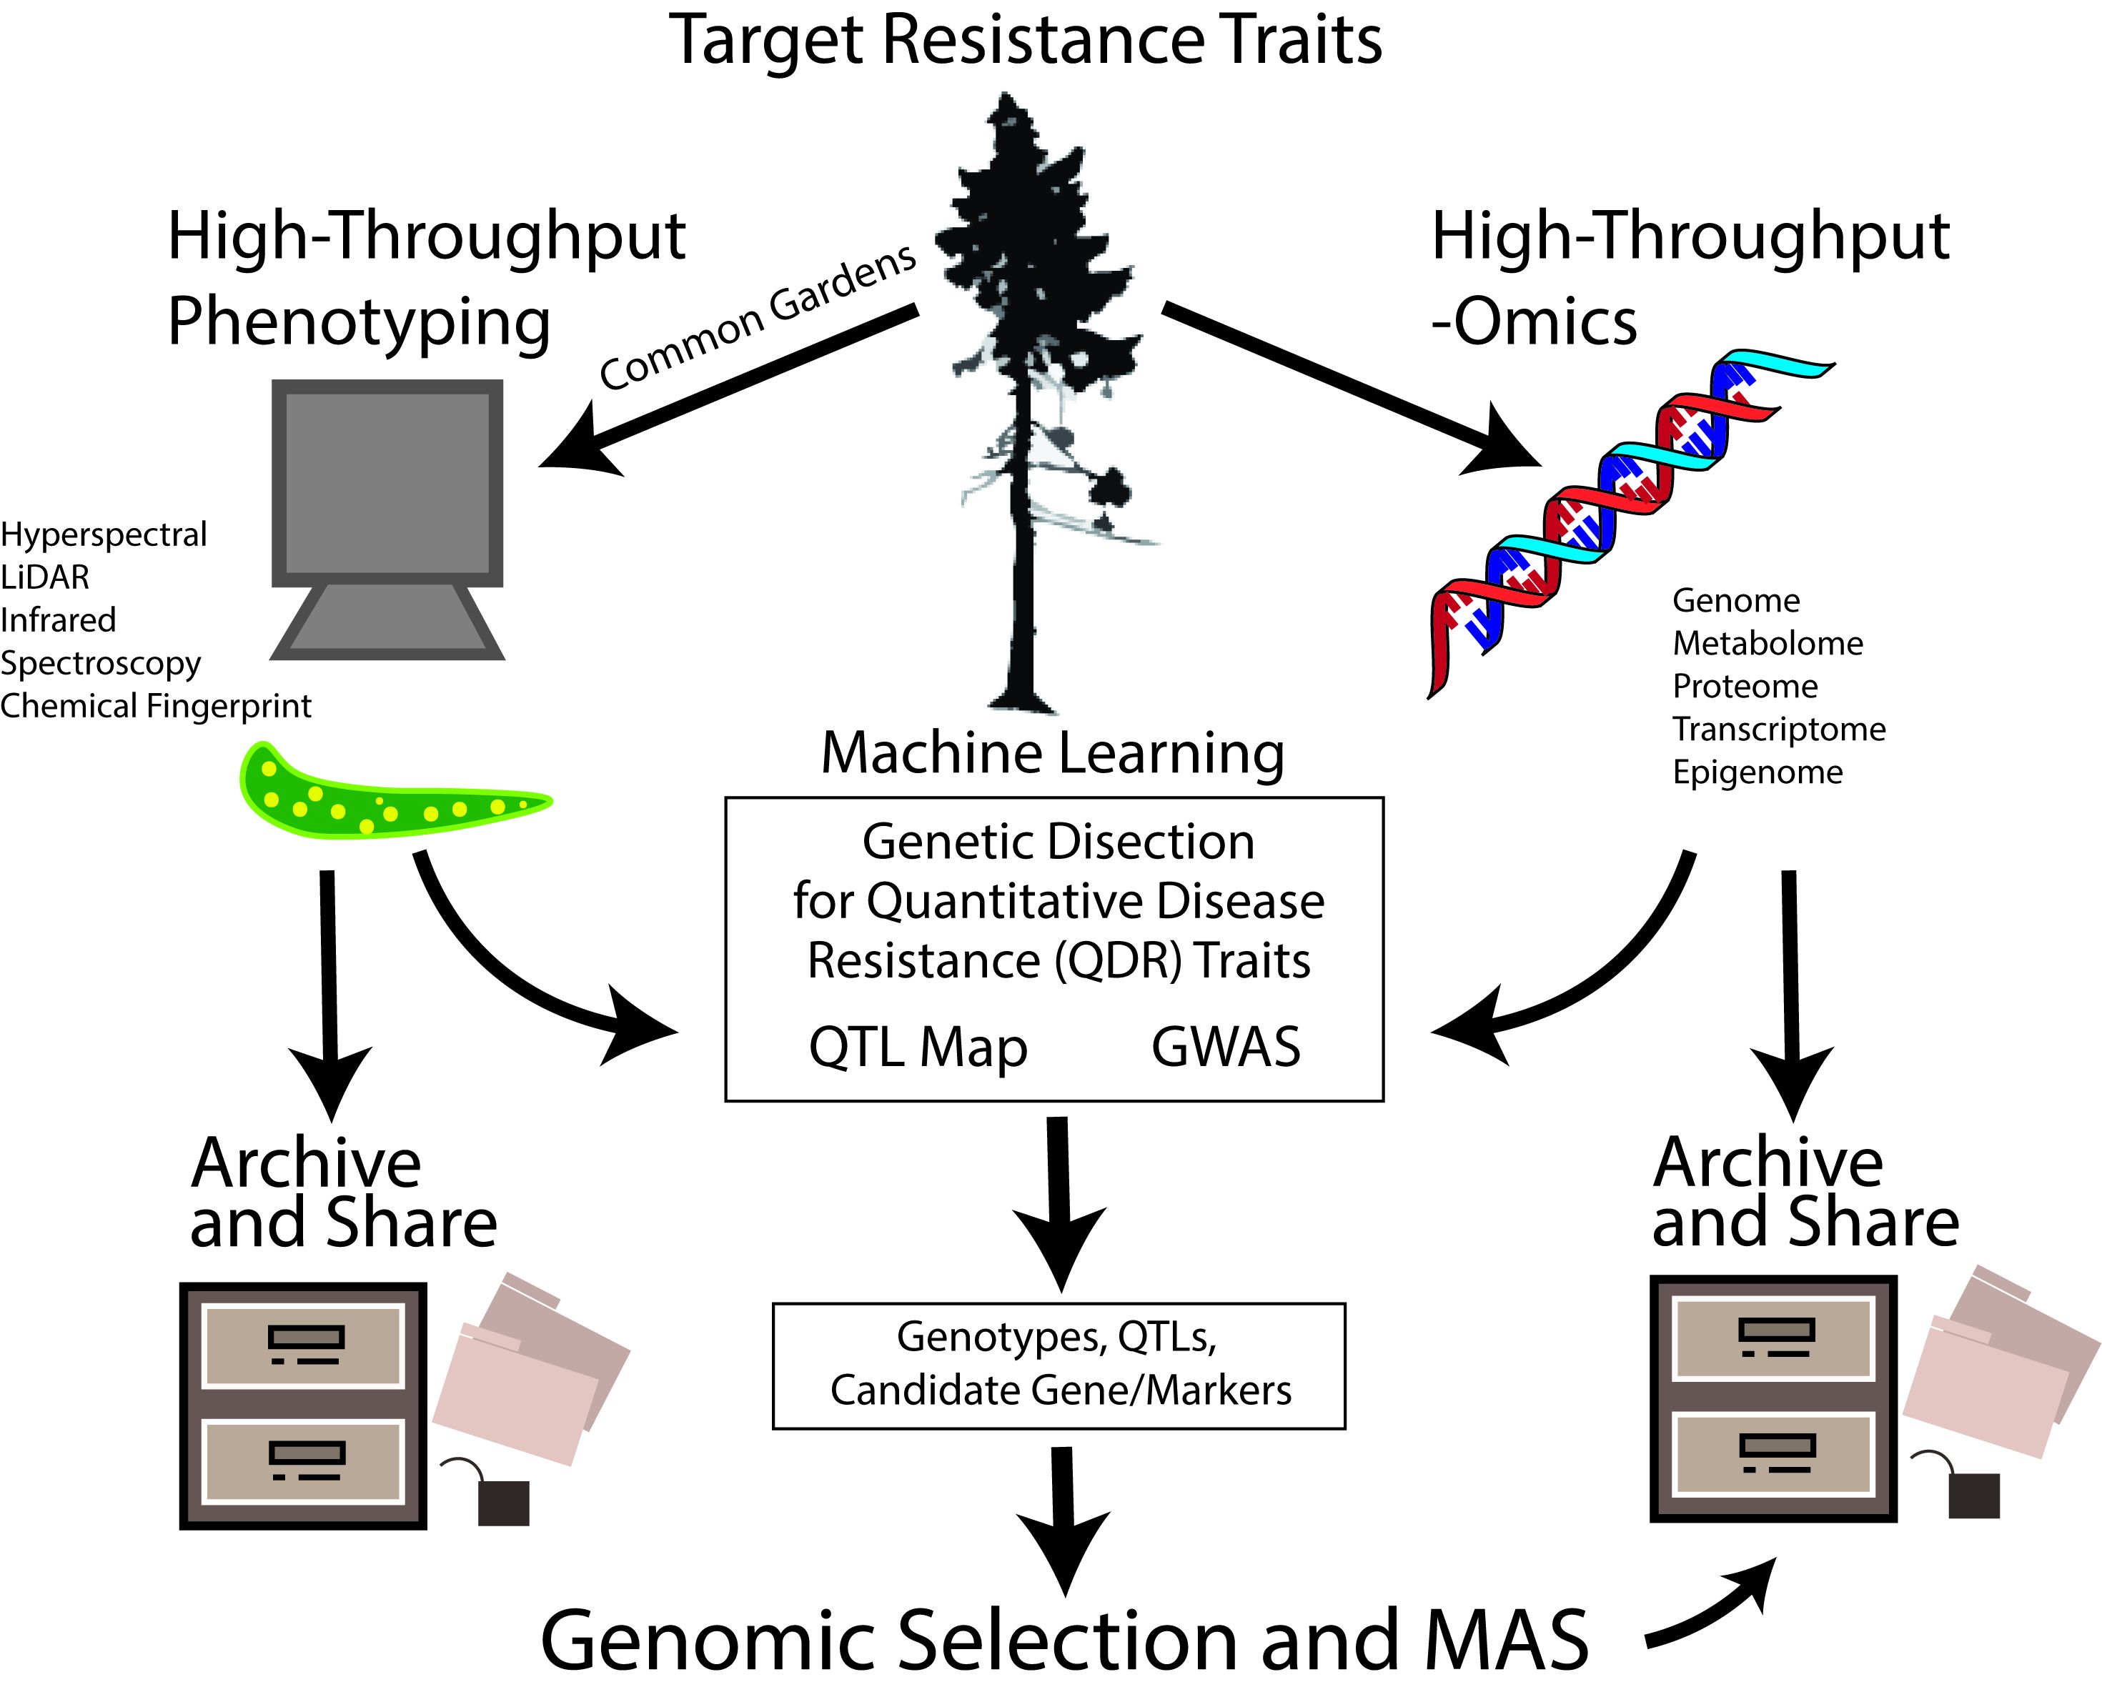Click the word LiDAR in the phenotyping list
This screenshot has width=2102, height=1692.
point(45,577)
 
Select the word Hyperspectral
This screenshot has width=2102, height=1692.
point(104,534)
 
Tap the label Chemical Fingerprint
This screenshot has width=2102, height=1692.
point(156,706)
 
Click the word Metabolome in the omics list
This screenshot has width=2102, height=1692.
point(1768,643)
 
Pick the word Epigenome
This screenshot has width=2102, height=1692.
point(1758,772)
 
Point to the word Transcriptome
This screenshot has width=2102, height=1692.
point(1779,729)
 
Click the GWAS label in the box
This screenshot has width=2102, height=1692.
point(1226,1047)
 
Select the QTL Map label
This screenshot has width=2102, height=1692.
point(918,1047)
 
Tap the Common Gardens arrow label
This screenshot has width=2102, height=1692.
point(758,317)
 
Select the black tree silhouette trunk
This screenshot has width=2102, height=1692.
point(1022,584)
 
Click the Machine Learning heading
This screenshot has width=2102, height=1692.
point(1052,752)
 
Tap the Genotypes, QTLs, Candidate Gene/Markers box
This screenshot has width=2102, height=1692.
point(1059,1365)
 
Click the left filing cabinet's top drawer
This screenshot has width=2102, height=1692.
point(303,1345)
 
